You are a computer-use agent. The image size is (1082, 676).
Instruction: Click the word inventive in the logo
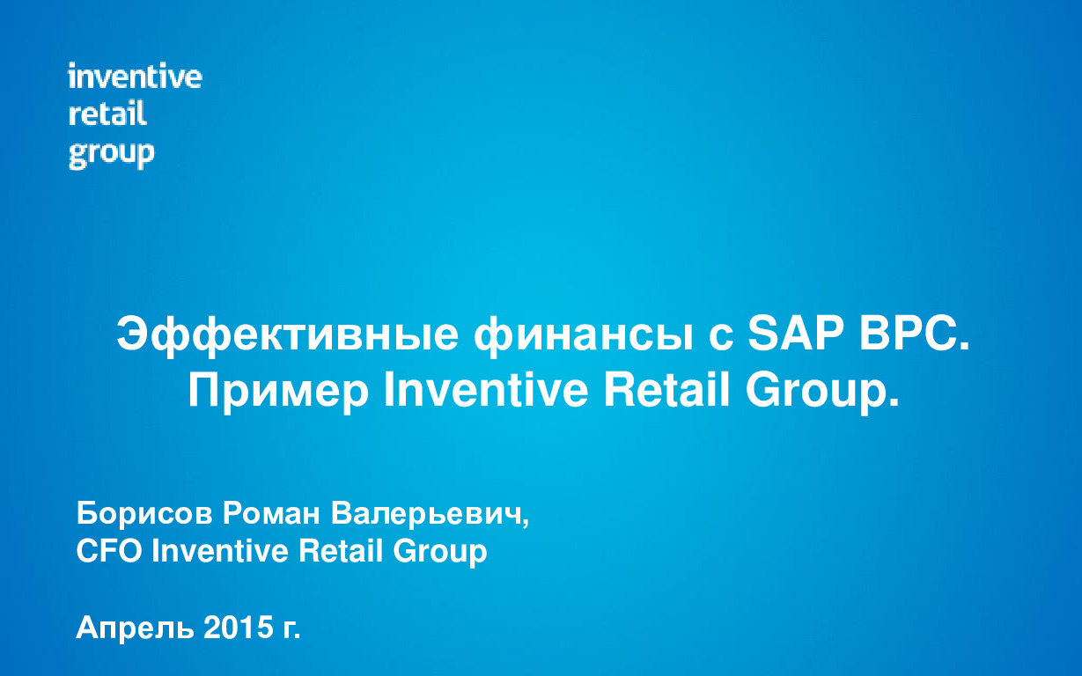click(135, 77)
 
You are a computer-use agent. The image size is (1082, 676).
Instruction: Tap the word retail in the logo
click(107, 114)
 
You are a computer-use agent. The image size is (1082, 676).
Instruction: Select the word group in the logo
click(111, 154)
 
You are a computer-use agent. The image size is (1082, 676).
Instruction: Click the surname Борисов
click(144, 512)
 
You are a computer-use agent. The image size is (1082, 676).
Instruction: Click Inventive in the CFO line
click(220, 552)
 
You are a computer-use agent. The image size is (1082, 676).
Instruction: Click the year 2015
click(235, 628)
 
